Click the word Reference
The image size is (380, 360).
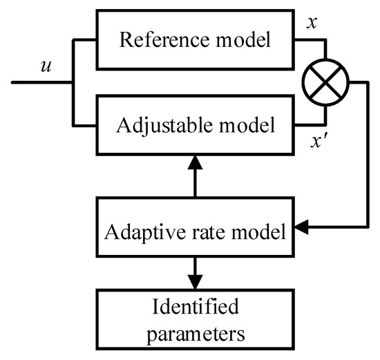[x=158, y=39]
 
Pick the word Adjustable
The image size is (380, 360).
[x=156, y=126]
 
